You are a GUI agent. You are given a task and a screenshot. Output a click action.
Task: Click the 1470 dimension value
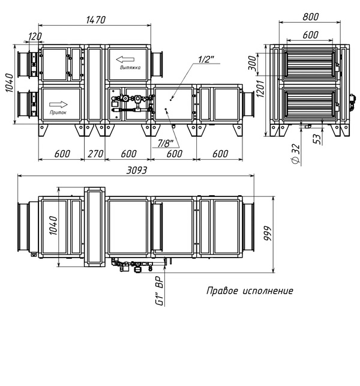coord(96,20)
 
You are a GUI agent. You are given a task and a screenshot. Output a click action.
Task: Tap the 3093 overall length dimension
coord(137,170)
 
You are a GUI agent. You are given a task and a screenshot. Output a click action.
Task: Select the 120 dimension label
coord(35,37)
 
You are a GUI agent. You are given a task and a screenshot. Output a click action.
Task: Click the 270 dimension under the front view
coord(95,154)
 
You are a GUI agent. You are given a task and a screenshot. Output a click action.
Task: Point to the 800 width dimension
coord(311,17)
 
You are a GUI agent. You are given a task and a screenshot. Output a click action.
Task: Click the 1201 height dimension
coord(260,89)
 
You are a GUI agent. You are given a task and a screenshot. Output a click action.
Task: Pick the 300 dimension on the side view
coord(252,63)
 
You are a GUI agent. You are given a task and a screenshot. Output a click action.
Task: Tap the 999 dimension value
coord(268,234)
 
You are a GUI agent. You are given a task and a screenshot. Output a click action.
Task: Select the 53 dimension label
coord(317,139)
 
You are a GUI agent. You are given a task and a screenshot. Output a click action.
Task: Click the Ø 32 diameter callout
coord(296,154)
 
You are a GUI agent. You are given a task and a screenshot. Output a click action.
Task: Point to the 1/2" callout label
coord(206,59)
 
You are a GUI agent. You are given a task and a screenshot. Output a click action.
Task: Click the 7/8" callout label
coord(166,143)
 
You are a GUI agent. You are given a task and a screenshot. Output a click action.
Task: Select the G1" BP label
coord(160,291)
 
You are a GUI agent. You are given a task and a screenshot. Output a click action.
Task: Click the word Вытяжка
coord(130,67)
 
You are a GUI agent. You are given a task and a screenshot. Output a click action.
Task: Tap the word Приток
coord(58,112)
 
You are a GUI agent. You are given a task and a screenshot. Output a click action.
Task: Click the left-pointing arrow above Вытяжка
coord(125,59)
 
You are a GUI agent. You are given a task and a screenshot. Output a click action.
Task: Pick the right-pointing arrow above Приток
coord(58,104)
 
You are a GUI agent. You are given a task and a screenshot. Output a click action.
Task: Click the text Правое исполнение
coord(250,291)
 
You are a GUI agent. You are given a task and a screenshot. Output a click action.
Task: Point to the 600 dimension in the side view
coord(310,35)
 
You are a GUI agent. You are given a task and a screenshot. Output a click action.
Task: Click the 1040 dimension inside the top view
coord(53,226)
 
